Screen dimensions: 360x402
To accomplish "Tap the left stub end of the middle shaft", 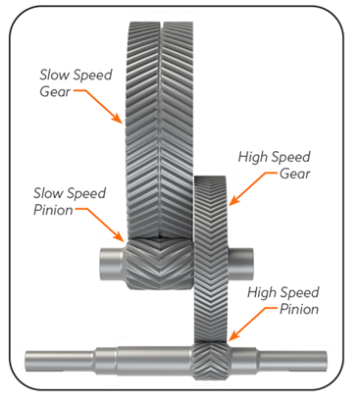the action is point(105,262).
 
